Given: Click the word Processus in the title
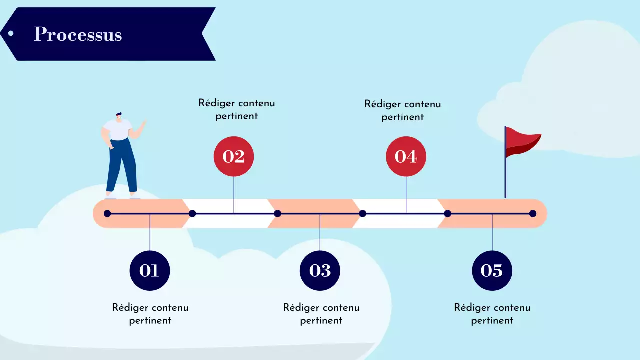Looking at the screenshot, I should coord(78,34).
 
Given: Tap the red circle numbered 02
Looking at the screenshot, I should coord(234,156).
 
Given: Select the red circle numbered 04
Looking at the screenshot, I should coord(406,156).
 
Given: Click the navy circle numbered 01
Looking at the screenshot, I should coord(150,270).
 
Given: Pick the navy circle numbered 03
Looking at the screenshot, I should coord(320,270).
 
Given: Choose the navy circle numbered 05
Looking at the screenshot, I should coord(492,270).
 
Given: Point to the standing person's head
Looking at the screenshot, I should coord(119,116).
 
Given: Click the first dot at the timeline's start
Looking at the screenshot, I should coord(107,214).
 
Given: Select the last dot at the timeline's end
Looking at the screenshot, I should coord(533,214).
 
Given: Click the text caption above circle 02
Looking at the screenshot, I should coord(237,109).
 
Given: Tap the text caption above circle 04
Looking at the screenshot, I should coord(403,110).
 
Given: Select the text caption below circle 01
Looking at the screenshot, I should coord(150,314).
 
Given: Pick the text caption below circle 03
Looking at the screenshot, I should coord(321,314).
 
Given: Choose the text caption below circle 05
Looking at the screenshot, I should coord(492,314).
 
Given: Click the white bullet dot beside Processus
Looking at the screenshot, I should coord(10,34).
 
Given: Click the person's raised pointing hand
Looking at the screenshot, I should coord(144,122).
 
